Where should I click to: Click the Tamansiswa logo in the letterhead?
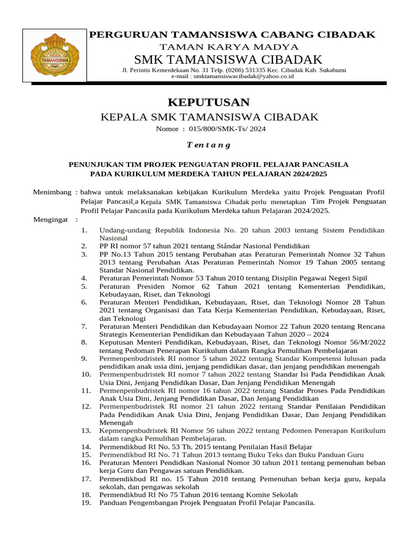coord(55,55)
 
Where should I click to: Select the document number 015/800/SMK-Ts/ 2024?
coord(226,129)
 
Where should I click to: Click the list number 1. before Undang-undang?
coord(84,230)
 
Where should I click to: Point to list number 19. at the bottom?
coord(86,503)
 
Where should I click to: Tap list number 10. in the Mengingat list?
coord(86,374)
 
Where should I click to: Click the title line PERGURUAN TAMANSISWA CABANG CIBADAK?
coord(232,35)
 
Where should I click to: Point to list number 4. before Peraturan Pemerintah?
coord(84,278)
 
